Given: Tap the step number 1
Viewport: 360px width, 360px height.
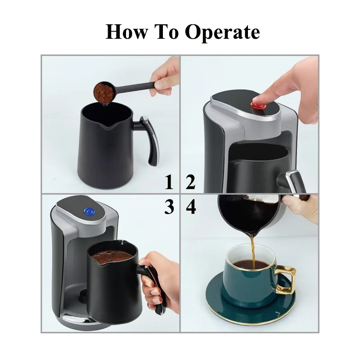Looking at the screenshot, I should pyautogui.click(x=169, y=183).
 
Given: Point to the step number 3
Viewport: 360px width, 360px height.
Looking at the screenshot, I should pyautogui.click(x=169, y=207).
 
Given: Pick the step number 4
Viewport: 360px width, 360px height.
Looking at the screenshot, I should pyautogui.click(x=191, y=207).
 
